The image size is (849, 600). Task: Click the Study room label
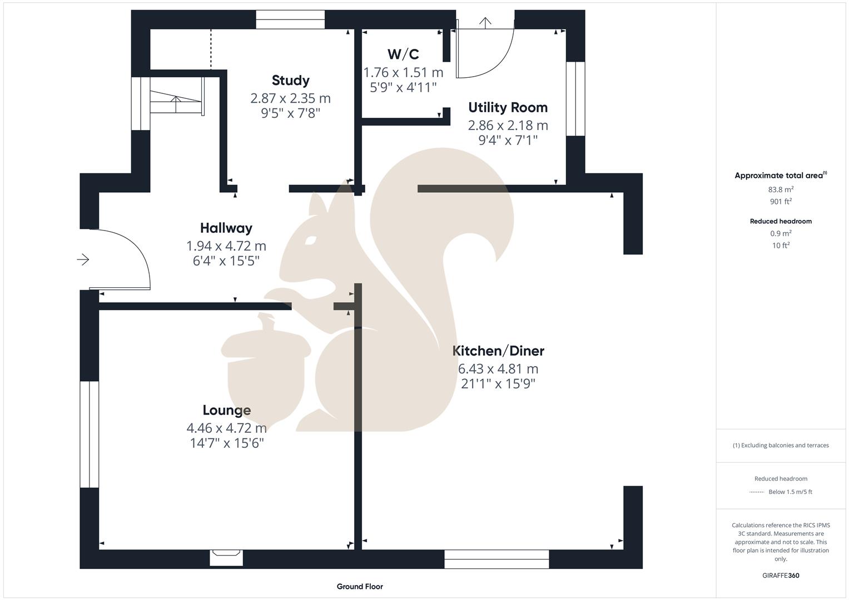290,81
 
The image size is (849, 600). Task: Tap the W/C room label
403,54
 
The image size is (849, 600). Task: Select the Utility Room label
508,107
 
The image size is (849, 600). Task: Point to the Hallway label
226,228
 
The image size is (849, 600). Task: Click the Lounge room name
226,410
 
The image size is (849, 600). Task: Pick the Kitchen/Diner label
498,351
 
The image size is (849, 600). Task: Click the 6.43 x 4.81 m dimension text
498,369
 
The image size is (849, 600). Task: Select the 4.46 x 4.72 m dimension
226,428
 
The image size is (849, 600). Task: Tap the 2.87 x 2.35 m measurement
290,98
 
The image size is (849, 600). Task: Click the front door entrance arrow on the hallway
83,259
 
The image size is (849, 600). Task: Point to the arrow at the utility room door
486,23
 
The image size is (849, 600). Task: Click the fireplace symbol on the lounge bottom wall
226,556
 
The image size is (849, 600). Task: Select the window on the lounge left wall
90,434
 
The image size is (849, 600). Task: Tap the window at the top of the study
290,19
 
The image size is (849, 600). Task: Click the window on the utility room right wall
575,98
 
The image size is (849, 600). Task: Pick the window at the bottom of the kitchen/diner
497,559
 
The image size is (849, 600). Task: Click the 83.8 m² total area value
781,189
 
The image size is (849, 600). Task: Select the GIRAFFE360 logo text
781,576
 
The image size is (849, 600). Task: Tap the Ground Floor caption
360,586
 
